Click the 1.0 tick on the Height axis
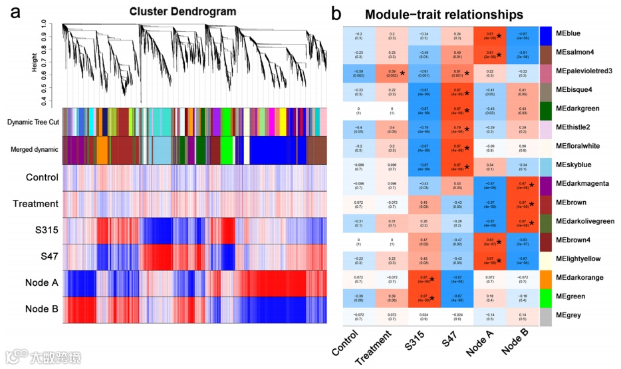pyautogui.click(x=43, y=23)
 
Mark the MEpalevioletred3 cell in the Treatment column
pyautogui.click(x=392, y=73)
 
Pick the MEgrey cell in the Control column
pyautogui.click(x=359, y=316)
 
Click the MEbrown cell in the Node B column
pyautogui.click(x=521, y=204)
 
